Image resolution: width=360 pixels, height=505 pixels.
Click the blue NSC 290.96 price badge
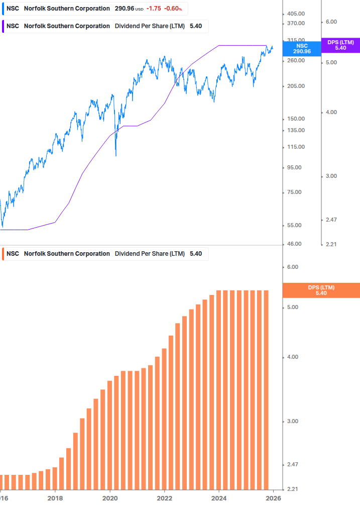point(302,48)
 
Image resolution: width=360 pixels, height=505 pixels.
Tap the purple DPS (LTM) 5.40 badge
point(340,45)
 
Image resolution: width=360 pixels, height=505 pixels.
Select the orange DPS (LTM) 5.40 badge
point(321,290)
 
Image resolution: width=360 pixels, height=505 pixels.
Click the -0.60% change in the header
point(174,9)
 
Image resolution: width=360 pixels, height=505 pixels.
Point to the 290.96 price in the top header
point(125,9)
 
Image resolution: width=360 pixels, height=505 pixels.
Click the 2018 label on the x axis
point(55,498)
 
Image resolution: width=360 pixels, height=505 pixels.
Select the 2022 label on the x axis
point(165,498)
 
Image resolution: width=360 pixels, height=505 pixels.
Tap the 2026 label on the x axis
point(273,498)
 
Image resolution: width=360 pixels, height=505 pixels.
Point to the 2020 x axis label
point(110,498)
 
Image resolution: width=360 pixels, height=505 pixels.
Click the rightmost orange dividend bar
point(266,389)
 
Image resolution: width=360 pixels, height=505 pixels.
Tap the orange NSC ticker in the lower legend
point(13,254)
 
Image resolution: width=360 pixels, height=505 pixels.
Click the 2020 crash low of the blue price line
point(116,155)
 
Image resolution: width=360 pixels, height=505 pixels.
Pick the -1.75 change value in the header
point(154,9)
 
